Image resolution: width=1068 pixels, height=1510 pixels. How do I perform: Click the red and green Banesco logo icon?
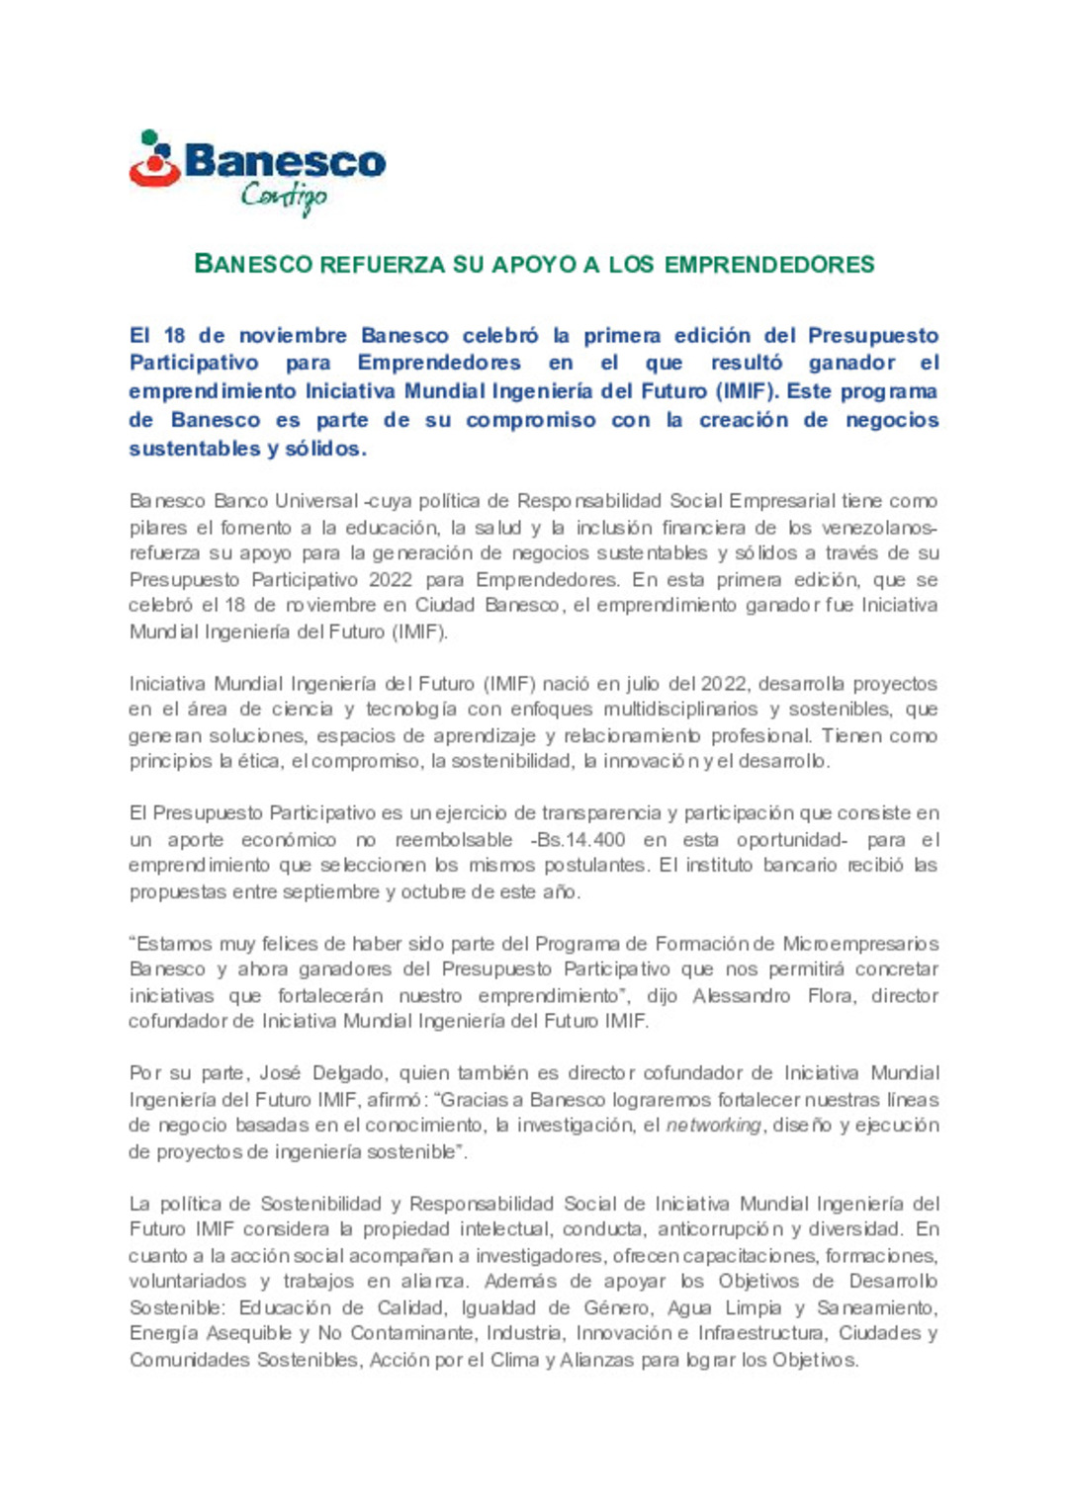click(x=155, y=160)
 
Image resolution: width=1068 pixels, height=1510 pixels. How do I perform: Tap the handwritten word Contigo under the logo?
click(x=284, y=197)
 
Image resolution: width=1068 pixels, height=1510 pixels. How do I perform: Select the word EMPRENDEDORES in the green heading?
click(x=769, y=265)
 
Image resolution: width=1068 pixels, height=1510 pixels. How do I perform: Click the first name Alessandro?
click(x=741, y=995)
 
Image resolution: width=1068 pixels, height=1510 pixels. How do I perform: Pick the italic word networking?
click(x=713, y=1126)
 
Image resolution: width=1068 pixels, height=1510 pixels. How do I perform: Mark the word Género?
click(x=617, y=1307)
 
